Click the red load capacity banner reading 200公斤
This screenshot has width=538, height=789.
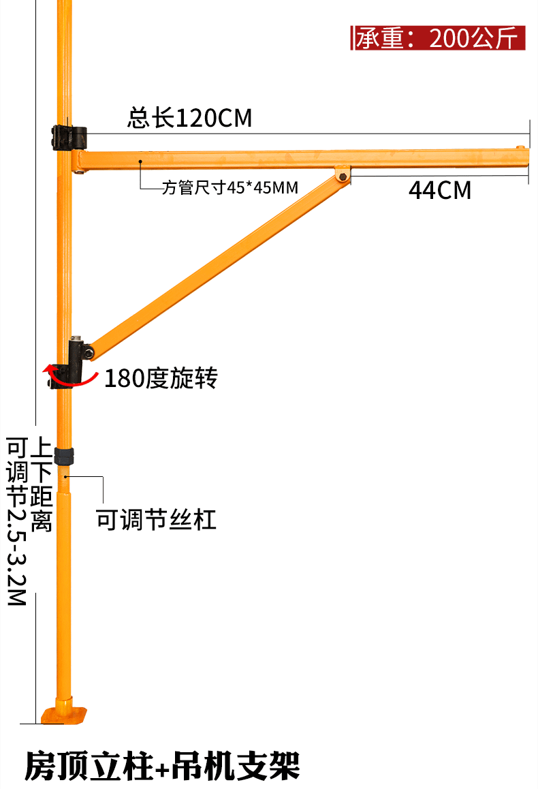[439, 38]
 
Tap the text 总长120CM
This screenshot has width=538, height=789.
[189, 119]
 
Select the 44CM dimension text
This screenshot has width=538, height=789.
[440, 190]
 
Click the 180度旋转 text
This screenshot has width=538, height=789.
[161, 378]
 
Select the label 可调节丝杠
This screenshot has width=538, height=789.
[156, 521]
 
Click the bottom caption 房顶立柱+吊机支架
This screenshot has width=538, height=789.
[162, 766]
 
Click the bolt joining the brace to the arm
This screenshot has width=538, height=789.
[342, 176]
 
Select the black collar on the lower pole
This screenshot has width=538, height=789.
[63, 456]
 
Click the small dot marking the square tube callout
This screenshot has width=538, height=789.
[140, 161]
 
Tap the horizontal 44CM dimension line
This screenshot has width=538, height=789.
[439, 176]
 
